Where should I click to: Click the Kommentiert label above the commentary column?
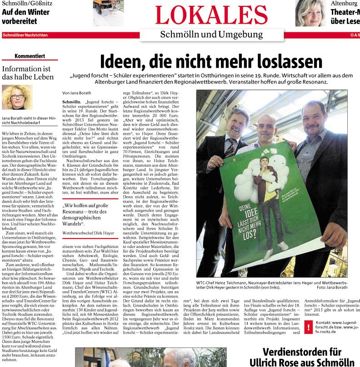coord(30,56)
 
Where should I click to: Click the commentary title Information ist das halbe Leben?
coord(28,74)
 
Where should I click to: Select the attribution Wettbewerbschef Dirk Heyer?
coord(88,233)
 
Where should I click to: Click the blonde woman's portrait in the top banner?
coord(310,13)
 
